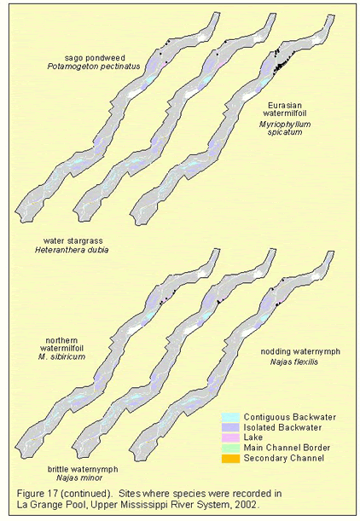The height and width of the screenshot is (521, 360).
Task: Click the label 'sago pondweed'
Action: pyautogui.click(x=95, y=59)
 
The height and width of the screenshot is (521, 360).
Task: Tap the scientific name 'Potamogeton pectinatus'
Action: pyautogui.click(x=94, y=67)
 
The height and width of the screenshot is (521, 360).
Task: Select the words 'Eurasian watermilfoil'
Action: pyautogui.click(x=285, y=109)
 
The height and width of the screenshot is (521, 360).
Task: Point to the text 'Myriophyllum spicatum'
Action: pyautogui.click(x=285, y=128)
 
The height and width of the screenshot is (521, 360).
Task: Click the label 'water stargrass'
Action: pyautogui.click(x=73, y=240)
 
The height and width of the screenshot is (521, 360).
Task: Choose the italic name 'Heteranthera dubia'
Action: pyautogui.click(x=72, y=250)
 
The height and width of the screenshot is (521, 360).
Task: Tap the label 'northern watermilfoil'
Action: pyautogui.click(x=61, y=344)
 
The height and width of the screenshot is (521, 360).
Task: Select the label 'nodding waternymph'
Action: pyautogui.click(x=300, y=351)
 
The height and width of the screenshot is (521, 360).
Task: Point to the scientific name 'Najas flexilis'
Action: pyautogui.click(x=293, y=362)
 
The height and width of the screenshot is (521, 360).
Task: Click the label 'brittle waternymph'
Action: pyautogui.click(x=83, y=469)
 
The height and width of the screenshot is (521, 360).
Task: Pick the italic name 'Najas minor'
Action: pyautogui.click(x=79, y=478)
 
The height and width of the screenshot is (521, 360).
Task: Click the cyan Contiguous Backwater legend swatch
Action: pyautogui.click(x=230, y=417)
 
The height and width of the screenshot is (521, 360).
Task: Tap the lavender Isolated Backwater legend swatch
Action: pyautogui.click(x=230, y=428)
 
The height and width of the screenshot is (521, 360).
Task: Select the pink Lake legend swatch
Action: pyautogui.click(x=230, y=437)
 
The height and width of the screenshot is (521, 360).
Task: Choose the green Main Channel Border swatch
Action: pyautogui.click(x=230, y=448)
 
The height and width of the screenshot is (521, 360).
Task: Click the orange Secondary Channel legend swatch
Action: pyautogui.click(x=230, y=458)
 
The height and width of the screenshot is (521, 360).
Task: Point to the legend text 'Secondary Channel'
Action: pyautogui.click(x=284, y=458)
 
